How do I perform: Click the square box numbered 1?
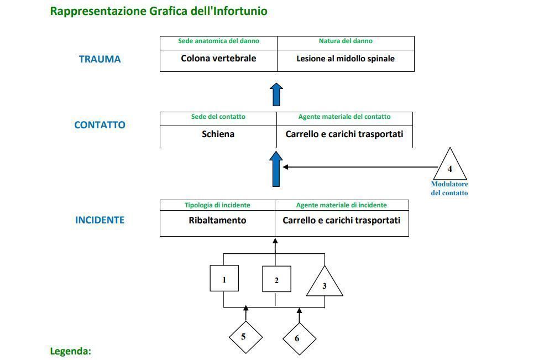coord(224,278)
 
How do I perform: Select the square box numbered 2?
coord(276,279)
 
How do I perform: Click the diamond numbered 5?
coord(245,337)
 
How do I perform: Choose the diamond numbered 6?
coord(300,339)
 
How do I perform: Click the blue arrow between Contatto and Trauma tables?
coord(276,95)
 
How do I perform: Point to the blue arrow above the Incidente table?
coord(276,169)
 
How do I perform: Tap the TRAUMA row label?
coord(100,59)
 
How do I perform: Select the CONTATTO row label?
coord(100,125)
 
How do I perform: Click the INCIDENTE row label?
coord(100,220)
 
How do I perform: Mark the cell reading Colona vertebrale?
coord(218,61)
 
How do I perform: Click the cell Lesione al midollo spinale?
coord(346,61)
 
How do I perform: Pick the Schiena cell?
coord(218,137)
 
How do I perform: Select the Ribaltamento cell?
coord(217,223)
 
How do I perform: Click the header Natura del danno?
coord(346,41)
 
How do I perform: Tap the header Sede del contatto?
coord(218,117)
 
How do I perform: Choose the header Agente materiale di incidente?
coord(342,205)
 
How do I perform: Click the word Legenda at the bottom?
coord(70,351)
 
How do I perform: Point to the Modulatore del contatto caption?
coord(449,189)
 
